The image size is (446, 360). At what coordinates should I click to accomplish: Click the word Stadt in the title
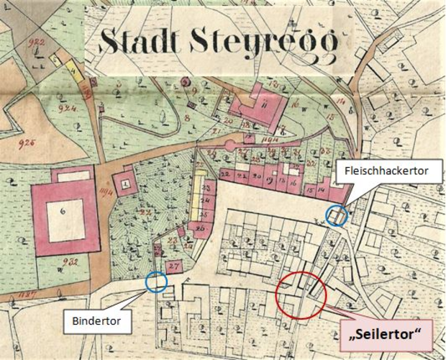click(x=137, y=41)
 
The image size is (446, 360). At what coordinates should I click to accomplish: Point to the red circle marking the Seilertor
click(x=301, y=294)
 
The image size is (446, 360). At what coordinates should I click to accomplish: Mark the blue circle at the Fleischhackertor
click(x=336, y=215)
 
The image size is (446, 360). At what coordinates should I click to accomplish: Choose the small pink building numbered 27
click(x=173, y=266)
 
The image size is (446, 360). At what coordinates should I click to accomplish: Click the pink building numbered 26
click(x=199, y=229)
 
